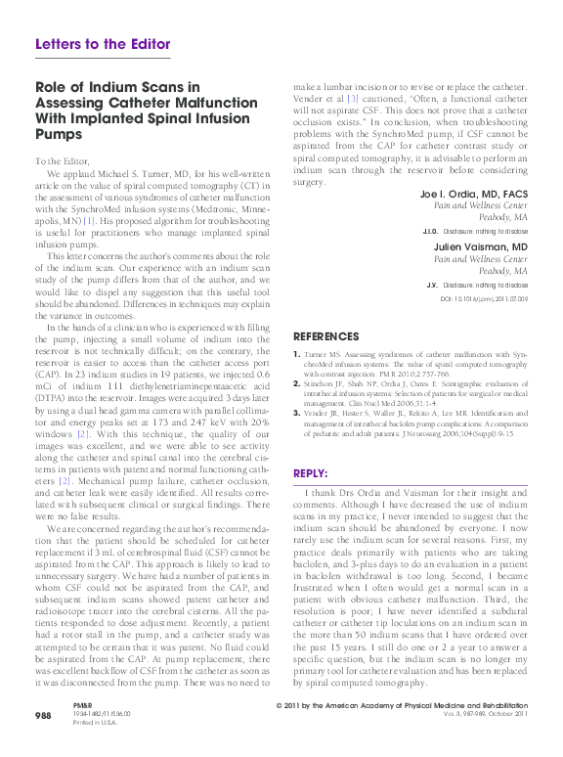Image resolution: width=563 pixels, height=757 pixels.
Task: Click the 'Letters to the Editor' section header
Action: coord(103,44)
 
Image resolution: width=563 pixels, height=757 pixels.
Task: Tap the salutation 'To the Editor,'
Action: coord(62,160)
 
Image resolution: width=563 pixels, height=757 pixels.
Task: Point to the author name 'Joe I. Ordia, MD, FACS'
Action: coord(474,195)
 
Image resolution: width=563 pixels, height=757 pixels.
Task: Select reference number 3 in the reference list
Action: coord(297,415)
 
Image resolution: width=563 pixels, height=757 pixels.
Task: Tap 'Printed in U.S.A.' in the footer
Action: coord(94,751)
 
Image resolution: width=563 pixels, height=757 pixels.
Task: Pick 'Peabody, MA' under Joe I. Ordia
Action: coord(502,219)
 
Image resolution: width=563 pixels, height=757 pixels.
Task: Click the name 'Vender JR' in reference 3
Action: coord(322,415)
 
